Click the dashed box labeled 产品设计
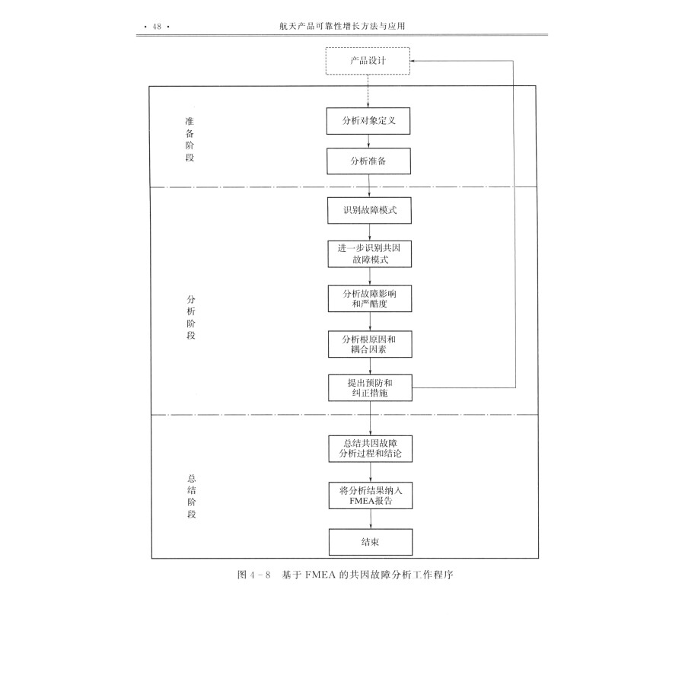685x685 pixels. click(x=368, y=61)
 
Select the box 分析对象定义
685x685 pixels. click(x=368, y=121)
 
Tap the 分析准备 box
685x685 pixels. click(x=369, y=161)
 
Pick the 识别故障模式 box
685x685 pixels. click(x=370, y=210)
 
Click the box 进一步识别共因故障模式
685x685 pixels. click(x=370, y=254)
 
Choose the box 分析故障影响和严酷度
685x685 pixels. click(x=370, y=298)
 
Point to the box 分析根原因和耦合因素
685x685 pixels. click(x=370, y=343)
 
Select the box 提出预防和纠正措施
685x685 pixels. click(x=370, y=388)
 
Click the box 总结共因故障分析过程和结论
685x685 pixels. click(x=370, y=448)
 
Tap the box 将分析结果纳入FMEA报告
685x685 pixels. click(x=370, y=496)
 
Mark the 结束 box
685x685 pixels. click(x=370, y=542)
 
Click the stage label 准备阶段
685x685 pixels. click(x=190, y=139)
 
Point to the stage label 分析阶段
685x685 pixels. click(x=190, y=317)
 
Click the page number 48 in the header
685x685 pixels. click(x=158, y=27)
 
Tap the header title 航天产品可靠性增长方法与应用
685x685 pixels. click(x=342, y=27)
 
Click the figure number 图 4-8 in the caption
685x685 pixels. click(x=254, y=575)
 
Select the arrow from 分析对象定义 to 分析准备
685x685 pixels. click(x=369, y=142)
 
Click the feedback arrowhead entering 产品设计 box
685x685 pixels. click(x=415, y=61)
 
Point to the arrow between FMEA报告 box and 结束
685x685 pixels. click(x=370, y=519)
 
